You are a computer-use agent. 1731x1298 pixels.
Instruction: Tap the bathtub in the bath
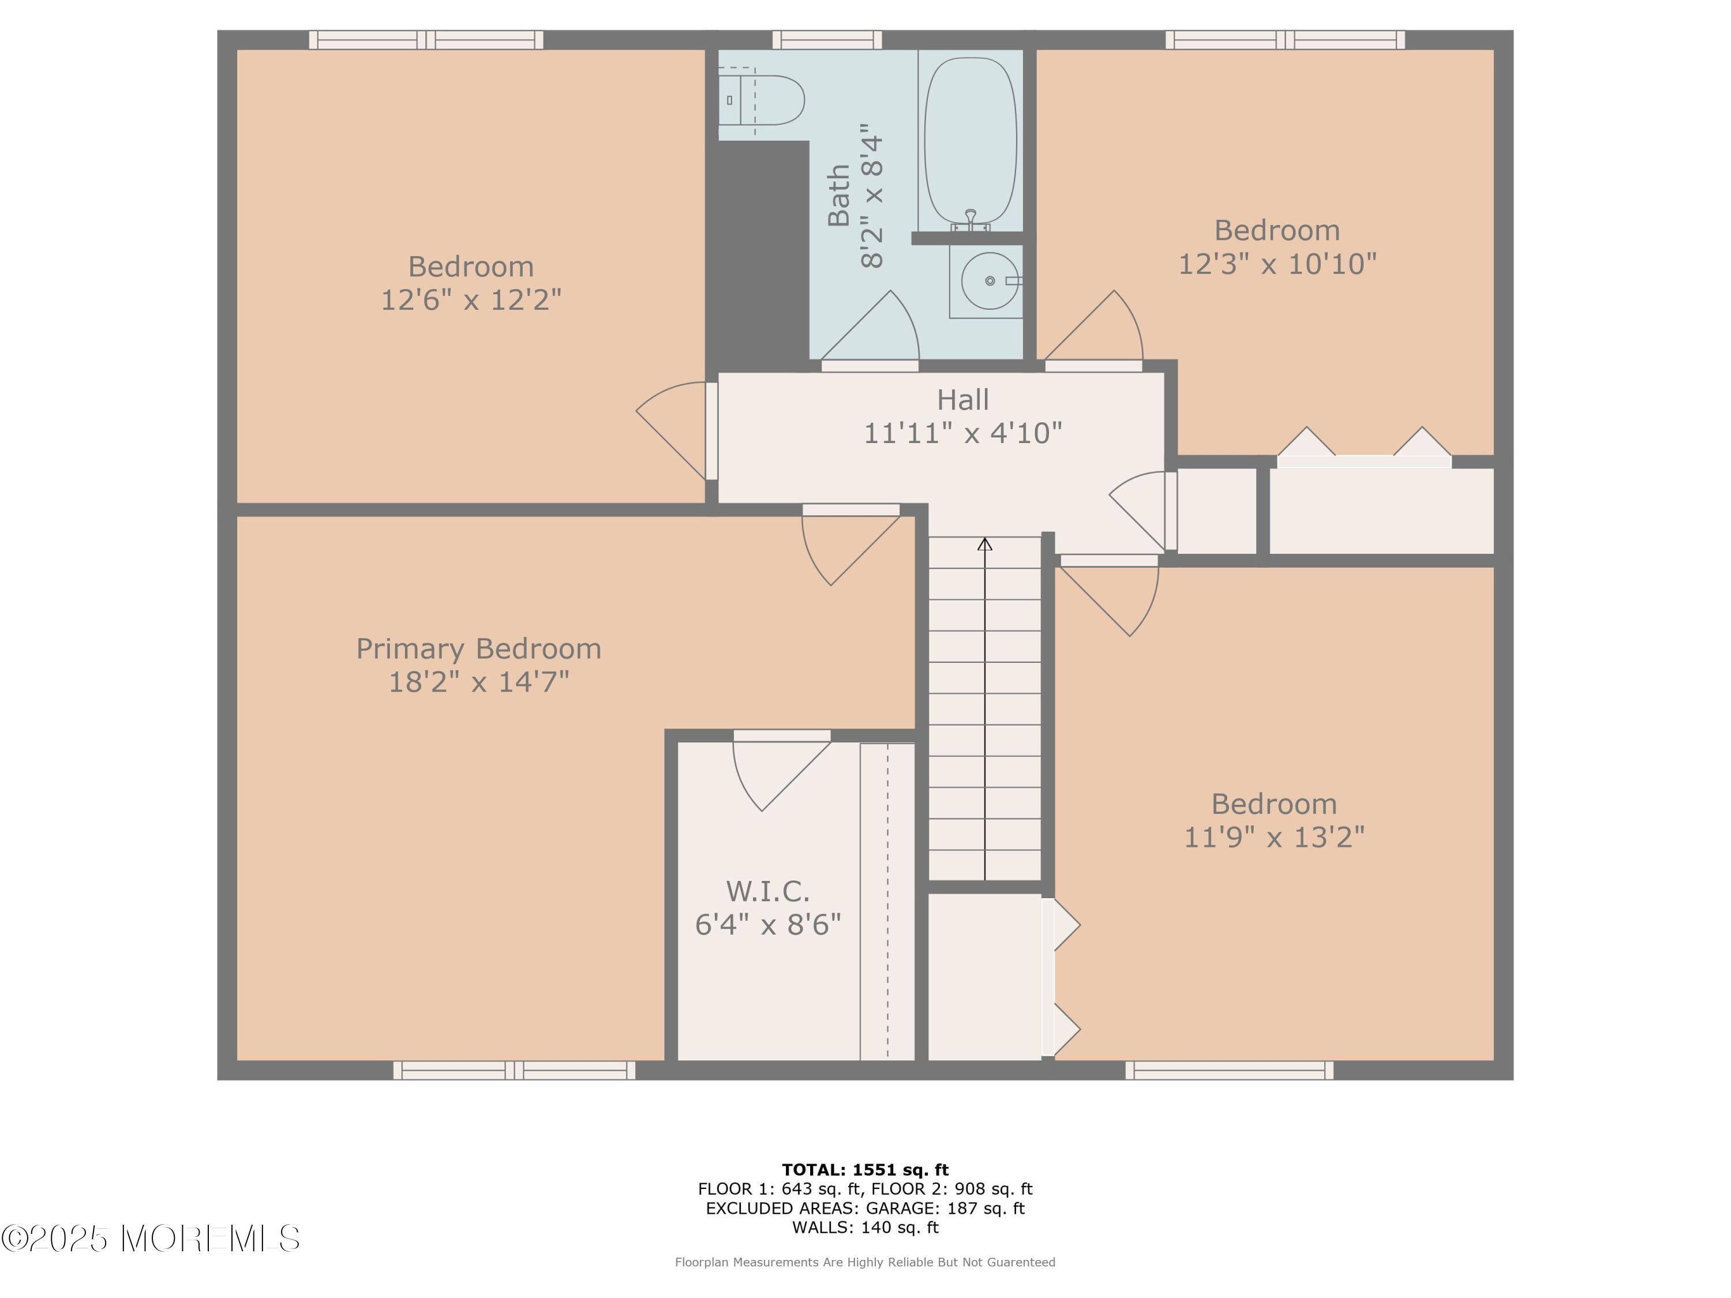click(971, 140)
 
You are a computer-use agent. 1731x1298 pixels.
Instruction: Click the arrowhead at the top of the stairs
click(984, 544)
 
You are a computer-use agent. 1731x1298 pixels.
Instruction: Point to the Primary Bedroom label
click(479, 648)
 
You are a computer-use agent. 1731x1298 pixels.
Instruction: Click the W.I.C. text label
click(767, 891)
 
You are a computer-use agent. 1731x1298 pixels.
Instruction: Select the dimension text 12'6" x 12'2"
click(471, 299)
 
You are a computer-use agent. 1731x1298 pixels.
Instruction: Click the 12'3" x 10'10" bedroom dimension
click(1277, 264)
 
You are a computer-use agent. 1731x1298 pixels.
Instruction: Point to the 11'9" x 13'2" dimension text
click(1274, 837)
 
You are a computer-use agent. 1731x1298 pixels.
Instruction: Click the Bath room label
click(839, 196)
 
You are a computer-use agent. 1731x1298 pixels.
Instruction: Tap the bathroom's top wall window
click(827, 40)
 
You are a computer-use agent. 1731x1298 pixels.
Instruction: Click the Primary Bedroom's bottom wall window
click(514, 1070)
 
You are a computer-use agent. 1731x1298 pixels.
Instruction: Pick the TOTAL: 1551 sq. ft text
click(865, 1170)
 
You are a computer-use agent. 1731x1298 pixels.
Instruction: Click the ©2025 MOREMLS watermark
click(150, 1239)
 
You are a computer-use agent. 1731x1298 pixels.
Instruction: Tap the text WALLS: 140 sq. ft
click(865, 1227)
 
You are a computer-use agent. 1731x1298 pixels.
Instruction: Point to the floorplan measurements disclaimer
click(865, 1262)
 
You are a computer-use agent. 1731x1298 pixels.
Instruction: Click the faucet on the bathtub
click(971, 220)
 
